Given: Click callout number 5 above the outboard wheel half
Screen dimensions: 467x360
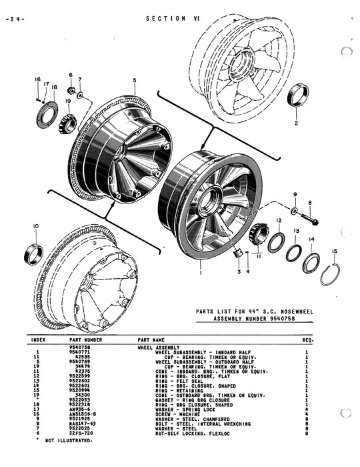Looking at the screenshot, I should (134, 81).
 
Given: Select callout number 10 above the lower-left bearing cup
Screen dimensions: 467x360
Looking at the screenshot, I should (36, 226).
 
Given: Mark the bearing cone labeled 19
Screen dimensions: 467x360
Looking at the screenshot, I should (67, 123).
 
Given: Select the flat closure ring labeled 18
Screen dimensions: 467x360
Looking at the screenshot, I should (47, 113).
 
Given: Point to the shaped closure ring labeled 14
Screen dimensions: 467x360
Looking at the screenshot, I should (311, 263).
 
